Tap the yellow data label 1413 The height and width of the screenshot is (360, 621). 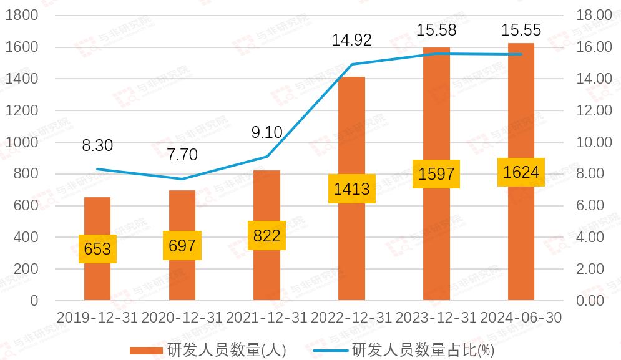point(351,188)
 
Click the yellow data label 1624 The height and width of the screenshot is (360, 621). point(521,172)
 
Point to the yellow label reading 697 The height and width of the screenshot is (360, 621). point(182,246)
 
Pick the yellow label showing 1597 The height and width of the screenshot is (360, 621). point(436,174)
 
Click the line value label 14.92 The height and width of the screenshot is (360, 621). point(352,41)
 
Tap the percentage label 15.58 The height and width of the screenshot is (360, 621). point(436,30)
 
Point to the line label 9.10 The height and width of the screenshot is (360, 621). point(267,132)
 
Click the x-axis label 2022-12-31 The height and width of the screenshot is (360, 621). point(351,318)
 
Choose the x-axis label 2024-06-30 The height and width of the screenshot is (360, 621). point(521,318)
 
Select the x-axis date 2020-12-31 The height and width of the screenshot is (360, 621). point(182,318)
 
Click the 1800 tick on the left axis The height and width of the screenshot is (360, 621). point(22,16)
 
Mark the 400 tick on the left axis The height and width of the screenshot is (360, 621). point(26,238)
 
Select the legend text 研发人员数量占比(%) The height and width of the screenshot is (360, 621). point(423,350)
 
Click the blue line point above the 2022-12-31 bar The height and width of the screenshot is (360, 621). point(352,64)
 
